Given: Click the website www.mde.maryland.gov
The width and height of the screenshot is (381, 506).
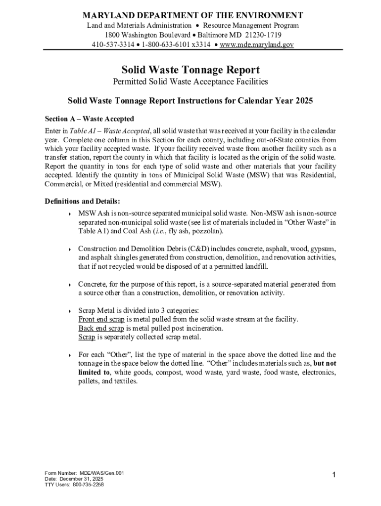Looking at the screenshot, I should coord(257,44).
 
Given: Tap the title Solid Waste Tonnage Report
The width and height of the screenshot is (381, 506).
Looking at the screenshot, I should coord(190,70).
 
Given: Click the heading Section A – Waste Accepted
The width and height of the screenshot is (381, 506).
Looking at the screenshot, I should coord(89,119).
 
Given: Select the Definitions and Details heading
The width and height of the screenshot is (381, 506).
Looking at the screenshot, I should coord(82,201).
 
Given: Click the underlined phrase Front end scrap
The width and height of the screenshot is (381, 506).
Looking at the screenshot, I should coord(101,319).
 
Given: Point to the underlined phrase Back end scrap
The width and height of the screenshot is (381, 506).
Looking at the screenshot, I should coord(101,328).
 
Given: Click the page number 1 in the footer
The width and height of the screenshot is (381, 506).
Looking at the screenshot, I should coord(334,475).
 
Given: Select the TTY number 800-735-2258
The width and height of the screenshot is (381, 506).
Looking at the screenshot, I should coord(88,485).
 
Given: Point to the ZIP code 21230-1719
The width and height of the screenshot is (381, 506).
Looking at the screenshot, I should coord(270,35).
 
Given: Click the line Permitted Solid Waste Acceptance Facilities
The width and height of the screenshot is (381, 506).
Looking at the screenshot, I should coord(190,82).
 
